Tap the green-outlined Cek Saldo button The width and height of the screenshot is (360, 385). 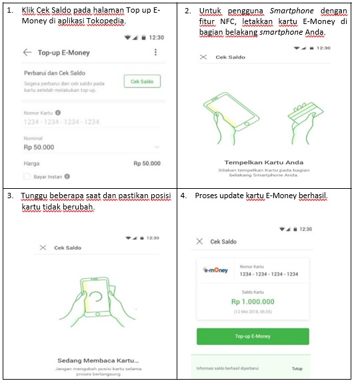[x=142, y=81]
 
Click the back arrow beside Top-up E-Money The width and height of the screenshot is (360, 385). [x=27, y=53]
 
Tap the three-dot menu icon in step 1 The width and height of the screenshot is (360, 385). [x=156, y=53]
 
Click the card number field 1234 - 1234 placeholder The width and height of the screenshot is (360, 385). [x=61, y=122]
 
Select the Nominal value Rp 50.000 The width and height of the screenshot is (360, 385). [x=39, y=147]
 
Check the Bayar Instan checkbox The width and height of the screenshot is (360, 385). [x=27, y=177]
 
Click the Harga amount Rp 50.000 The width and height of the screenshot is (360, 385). [x=147, y=163]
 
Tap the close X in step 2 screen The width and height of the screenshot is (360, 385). [x=203, y=57]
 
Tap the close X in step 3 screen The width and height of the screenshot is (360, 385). [x=43, y=248]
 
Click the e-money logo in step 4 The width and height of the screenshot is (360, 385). [x=215, y=270]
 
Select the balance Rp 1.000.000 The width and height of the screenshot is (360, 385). [x=253, y=302]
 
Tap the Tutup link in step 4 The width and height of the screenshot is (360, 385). [x=297, y=368]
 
